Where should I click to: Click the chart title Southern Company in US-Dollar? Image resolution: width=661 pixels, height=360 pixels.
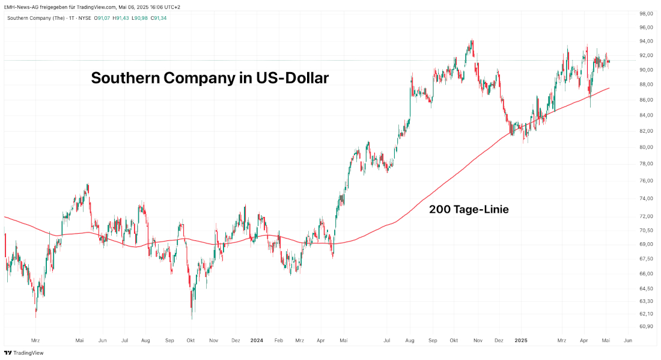tap(210, 78)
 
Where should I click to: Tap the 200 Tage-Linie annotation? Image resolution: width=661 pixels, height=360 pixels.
tap(469, 210)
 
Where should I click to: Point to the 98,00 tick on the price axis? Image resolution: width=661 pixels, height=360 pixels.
tap(646, 13)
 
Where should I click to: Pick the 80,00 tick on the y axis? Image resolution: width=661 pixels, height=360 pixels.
tap(646, 147)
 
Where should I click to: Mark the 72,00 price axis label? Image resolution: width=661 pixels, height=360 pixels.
tap(646, 216)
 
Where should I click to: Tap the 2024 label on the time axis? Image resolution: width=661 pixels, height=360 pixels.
tap(257, 340)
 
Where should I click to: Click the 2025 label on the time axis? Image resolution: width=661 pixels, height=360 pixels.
tap(521, 340)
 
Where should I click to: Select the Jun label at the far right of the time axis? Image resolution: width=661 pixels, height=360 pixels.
tap(628, 340)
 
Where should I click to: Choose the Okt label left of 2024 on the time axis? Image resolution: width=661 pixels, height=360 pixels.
tap(190, 340)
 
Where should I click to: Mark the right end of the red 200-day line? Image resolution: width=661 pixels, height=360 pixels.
tap(609, 88)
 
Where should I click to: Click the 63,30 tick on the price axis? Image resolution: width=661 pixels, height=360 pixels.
tap(646, 301)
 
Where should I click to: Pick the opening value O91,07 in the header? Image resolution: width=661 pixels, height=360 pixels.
tap(88, 18)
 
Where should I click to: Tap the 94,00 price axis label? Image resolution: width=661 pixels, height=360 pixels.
tap(646, 41)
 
